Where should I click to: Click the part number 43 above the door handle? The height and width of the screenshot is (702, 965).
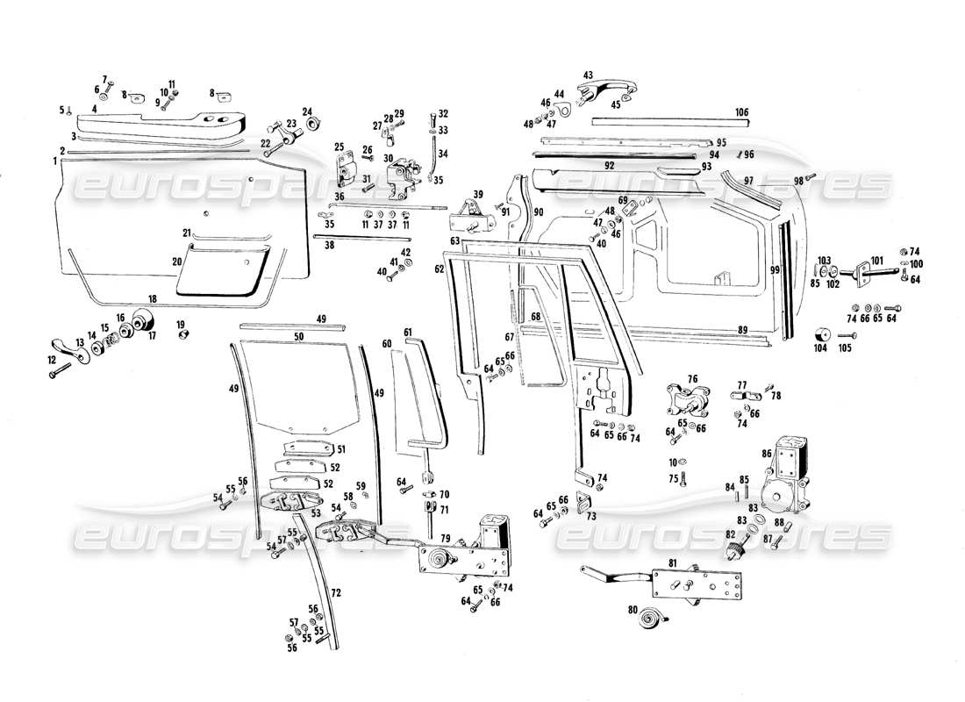click(x=588, y=75)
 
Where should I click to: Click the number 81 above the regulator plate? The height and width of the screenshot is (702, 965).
click(x=673, y=562)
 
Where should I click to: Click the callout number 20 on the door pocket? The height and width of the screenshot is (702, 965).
click(x=176, y=261)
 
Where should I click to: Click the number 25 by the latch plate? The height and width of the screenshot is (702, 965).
click(x=339, y=146)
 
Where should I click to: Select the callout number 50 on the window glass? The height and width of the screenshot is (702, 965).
click(x=298, y=336)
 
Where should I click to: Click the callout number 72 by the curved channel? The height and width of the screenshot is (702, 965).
click(x=335, y=593)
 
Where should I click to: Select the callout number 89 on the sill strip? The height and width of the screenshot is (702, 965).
click(x=742, y=329)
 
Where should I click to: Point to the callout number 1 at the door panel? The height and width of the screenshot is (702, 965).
click(x=54, y=161)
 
